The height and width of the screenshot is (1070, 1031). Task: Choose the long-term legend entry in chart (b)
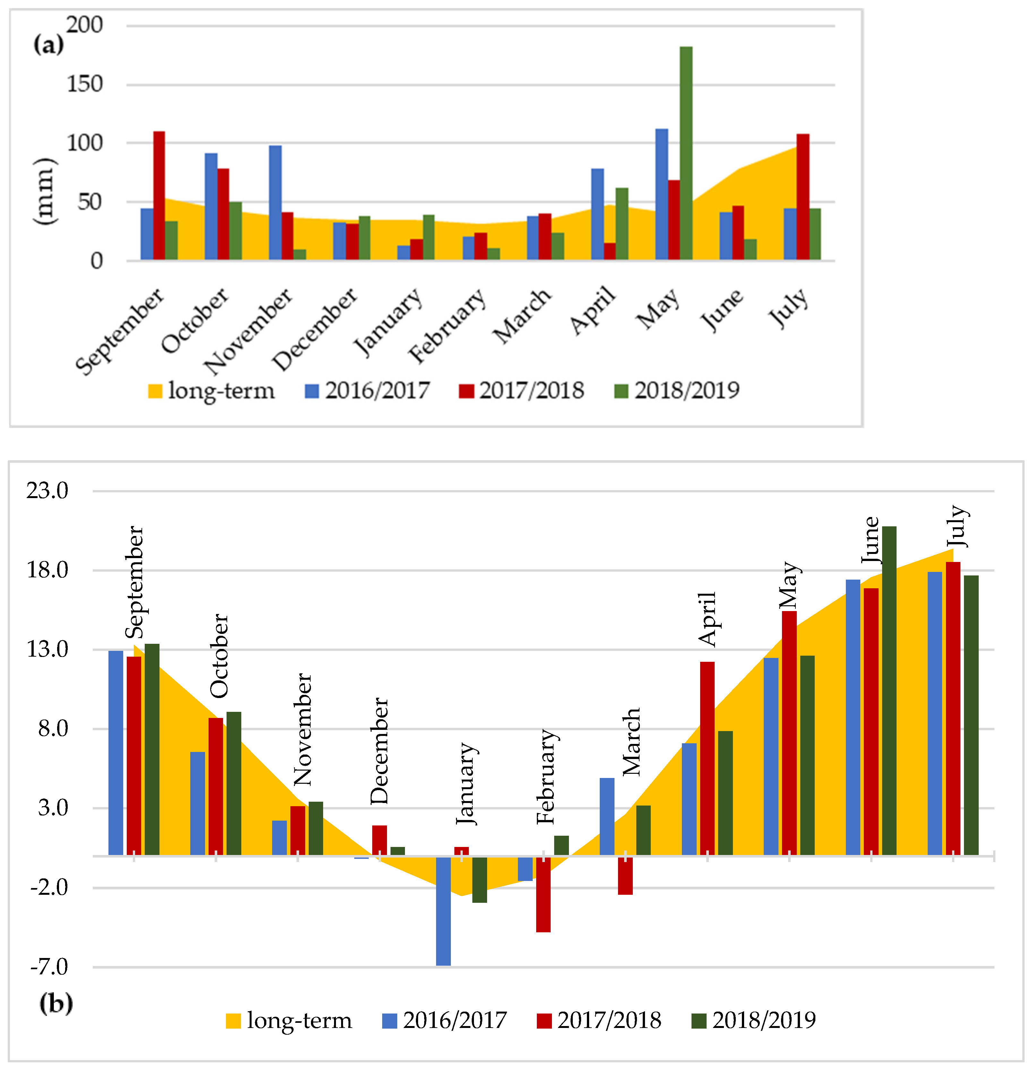(x=289, y=1020)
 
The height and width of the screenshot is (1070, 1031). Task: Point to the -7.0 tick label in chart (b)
(x=49, y=967)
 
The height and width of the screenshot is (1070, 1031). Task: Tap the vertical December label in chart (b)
(x=379, y=751)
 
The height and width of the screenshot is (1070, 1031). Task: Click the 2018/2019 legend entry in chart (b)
(x=753, y=1020)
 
